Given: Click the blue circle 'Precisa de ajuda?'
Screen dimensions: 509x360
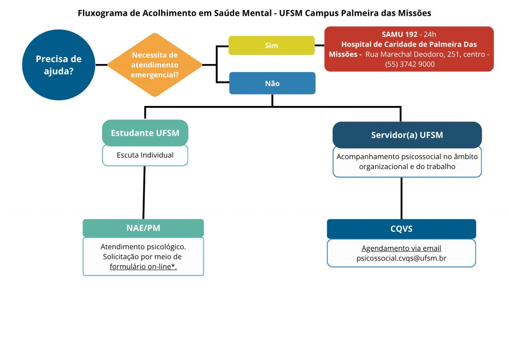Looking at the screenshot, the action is [59, 65].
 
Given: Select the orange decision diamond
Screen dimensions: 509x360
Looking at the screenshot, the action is [155, 65].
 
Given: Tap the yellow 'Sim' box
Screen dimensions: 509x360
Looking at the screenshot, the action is [272, 45].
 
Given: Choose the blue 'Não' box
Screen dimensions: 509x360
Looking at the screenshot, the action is [272, 84].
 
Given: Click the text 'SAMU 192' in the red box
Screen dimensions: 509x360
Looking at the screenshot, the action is [399, 34].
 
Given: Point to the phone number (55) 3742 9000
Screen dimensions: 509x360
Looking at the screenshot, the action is [410, 64].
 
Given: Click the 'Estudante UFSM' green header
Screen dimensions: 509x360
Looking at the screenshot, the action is [145, 133].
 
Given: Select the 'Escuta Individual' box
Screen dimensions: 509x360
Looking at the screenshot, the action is [145, 155].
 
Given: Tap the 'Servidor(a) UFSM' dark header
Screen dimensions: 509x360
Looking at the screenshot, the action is [407, 135].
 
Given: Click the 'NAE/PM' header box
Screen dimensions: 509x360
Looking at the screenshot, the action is [143, 228].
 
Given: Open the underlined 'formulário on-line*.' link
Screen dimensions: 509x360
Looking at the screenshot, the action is [143, 267].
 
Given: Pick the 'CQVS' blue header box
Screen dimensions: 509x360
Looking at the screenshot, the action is [402, 229].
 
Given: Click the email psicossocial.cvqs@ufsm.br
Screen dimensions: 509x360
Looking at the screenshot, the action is [402, 259].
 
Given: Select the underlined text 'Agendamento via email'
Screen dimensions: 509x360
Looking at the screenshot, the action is [402, 248].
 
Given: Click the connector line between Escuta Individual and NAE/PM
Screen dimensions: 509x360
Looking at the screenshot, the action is [144, 192].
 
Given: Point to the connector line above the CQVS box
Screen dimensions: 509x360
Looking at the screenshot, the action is [402, 198].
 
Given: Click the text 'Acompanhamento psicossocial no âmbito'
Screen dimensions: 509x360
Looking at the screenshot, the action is [407, 157].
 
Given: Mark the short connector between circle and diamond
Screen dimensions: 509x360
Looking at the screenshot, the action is [101, 65].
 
